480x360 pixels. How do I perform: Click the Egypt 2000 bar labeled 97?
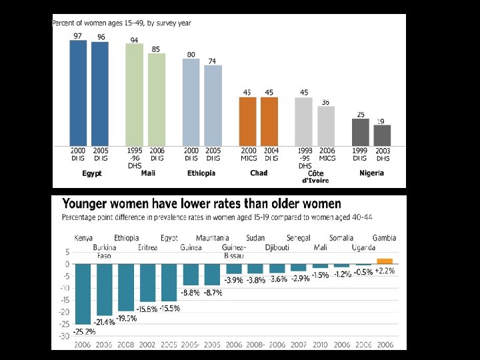tap(78, 93)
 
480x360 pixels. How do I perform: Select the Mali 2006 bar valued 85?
tap(157, 99)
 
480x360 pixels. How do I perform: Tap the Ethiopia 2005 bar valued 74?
tap(213, 105)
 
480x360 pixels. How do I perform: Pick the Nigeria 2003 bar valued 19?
tap(382, 135)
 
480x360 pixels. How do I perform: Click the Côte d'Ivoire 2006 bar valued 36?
tap(326, 126)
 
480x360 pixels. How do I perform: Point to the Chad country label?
tap(259, 173)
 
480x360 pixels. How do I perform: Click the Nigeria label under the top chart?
tap(371, 173)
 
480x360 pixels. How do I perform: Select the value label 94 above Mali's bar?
tap(134, 40)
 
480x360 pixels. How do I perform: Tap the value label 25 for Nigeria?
tap(360, 115)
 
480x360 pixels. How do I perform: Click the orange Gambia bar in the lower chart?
tap(385, 261)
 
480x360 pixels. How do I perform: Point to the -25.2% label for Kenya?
tap(85, 331)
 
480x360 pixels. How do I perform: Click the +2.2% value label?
tap(385, 271)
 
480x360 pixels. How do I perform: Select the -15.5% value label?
tap(169, 309)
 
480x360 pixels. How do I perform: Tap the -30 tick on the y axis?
tap(65, 336)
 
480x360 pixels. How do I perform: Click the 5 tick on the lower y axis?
tap(67, 252)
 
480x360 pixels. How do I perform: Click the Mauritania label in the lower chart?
tap(213, 238)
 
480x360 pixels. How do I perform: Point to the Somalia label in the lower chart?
tap(341, 238)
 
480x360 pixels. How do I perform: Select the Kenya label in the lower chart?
tap(85, 238)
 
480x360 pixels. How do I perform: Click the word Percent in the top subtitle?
tap(64, 23)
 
